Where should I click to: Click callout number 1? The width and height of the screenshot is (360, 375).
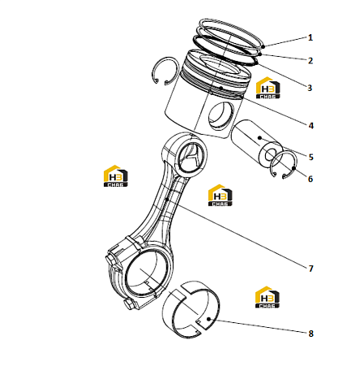pyautogui.click(x=311, y=37)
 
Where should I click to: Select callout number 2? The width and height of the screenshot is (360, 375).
pyautogui.click(x=311, y=61)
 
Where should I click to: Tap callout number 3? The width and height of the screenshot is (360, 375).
pyautogui.click(x=310, y=88)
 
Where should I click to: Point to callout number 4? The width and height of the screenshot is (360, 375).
pyautogui.click(x=311, y=126)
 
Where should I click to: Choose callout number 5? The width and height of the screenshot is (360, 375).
pyautogui.click(x=311, y=157)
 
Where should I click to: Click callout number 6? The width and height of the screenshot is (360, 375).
pyautogui.click(x=311, y=179)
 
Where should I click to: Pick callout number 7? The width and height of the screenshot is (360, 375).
pyautogui.click(x=311, y=269)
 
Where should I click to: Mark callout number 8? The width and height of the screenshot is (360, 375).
pyautogui.click(x=311, y=334)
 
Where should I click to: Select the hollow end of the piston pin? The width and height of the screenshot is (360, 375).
pyautogui.click(x=270, y=156)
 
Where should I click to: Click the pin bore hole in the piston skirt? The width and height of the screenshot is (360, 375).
pyautogui.click(x=221, y=115)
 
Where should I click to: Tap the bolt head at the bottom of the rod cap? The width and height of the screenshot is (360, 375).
pyautogui.click(x=130, y=304)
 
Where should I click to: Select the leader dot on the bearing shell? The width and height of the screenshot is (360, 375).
pyautogui.click(x=208, y=319)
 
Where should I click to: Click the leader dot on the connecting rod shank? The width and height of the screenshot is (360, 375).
pyautogui.click(x=167, y=200)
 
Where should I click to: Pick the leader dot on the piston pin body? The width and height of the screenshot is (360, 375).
pyautogui.click(x=260, y=138)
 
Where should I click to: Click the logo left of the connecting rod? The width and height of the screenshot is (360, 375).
pyautogui.click(x=116, y=176)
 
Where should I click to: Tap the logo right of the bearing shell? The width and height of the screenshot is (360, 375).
pyautogui.click(x=268, y=297)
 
